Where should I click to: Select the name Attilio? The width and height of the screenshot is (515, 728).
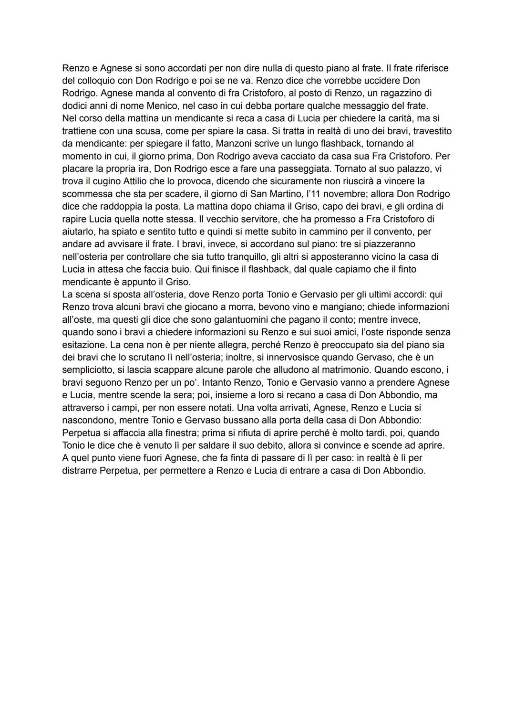click(x=138, y=181)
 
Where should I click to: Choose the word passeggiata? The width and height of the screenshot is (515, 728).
click(x=302, y=169)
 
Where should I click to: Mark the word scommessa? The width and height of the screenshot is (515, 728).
click(x=86, y=194)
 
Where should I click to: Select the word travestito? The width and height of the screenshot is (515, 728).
click(x=430, y=131)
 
